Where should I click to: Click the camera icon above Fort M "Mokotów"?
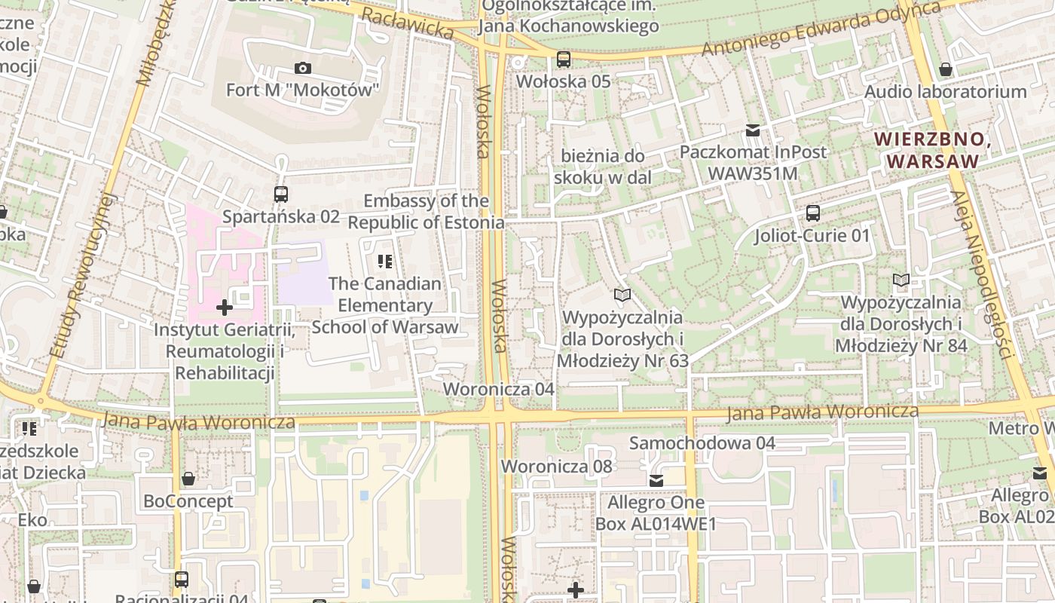(302, 69)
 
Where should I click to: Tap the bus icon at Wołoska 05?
(564, 60)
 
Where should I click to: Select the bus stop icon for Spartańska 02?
(281, 194)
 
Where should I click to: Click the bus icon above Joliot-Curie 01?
(812, 213)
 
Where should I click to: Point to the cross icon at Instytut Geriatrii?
(224, 308)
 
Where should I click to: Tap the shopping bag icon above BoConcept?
(188, 479)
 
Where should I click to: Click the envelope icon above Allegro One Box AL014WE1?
(656, 480)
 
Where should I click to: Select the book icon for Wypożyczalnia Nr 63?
(622, 295)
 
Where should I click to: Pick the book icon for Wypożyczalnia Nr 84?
(901, 280)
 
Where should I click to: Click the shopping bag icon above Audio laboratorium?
(945, 70)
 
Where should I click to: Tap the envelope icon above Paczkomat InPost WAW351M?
(752, 130)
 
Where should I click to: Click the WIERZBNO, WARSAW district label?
(932, 149)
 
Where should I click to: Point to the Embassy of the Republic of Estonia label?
(426, 212)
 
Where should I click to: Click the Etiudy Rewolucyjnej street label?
(83, 275)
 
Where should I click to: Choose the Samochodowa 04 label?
(702, 443)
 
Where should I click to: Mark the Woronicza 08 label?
(557, 467)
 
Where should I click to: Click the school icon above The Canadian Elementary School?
(385, 262)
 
